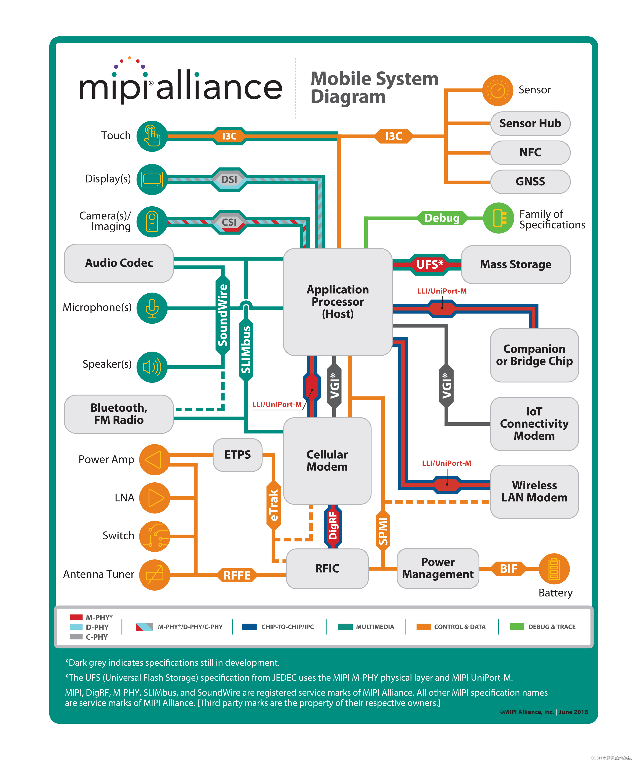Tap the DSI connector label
pos(229,179)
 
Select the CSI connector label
pos(229,222)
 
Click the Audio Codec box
pos(119,263)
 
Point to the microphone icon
pos(152,308)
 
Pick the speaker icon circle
pos(152,367)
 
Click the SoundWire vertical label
pos(222,315)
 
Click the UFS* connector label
pos(430,265)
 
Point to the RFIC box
pos(327,568)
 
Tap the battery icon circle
pos(554,569)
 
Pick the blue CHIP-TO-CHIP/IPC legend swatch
pos(249,627)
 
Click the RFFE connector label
pos(237,575)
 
